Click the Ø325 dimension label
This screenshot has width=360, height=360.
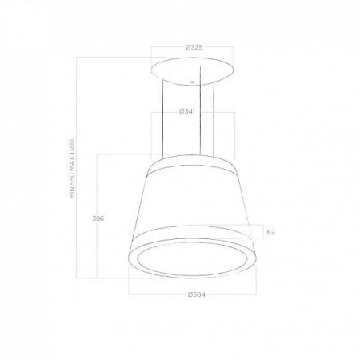pos(194,48)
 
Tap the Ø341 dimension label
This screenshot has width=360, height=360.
pos(186,111)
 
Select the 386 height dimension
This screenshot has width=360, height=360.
pos(98,218)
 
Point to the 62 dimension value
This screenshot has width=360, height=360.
pos(270,232)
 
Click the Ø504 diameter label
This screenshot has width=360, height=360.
pos(197,294)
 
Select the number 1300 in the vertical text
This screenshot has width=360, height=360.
pos(73,147)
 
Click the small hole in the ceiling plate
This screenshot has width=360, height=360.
pos(191,82)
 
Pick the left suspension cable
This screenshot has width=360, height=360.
pos(162,118)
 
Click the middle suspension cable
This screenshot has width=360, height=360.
pos(200,110)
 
